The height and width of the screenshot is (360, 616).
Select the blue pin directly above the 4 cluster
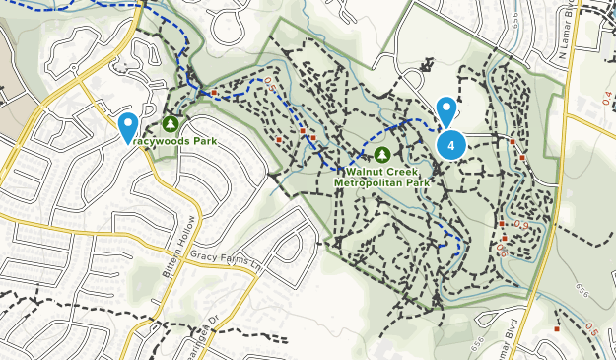[x=446, y=110]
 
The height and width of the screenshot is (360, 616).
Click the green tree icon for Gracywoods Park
[x=171, y=123]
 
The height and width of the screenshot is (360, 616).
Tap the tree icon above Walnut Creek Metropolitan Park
[x=382, y=154]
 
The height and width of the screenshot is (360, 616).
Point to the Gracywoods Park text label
[x=172, y=141]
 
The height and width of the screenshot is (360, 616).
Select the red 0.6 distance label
[x=502, y=251]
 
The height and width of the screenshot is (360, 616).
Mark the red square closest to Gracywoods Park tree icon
[x=214, y=93]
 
